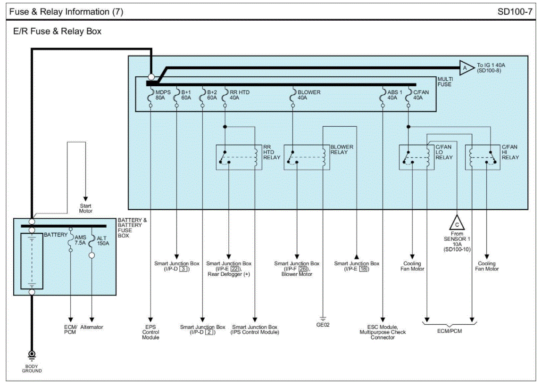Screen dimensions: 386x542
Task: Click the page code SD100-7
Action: pos(515,12)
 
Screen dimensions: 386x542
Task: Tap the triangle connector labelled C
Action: pos(457,222)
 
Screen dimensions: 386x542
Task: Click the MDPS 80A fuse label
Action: pos(160,95)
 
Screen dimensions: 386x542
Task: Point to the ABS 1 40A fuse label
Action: pos(392,95)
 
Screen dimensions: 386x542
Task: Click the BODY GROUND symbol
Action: pos(32,355)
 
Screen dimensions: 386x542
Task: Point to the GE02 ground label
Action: pos(323,324)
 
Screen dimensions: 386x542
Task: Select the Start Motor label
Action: pos(85,209)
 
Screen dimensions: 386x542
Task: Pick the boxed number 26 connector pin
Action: pos(303,269)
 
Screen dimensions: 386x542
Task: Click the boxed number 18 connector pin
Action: pos(363,269)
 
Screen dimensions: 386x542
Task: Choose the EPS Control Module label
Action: pos(150,332)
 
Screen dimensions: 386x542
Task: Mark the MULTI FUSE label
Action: pos(444,82)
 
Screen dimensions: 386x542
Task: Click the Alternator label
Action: pos(92,327)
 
